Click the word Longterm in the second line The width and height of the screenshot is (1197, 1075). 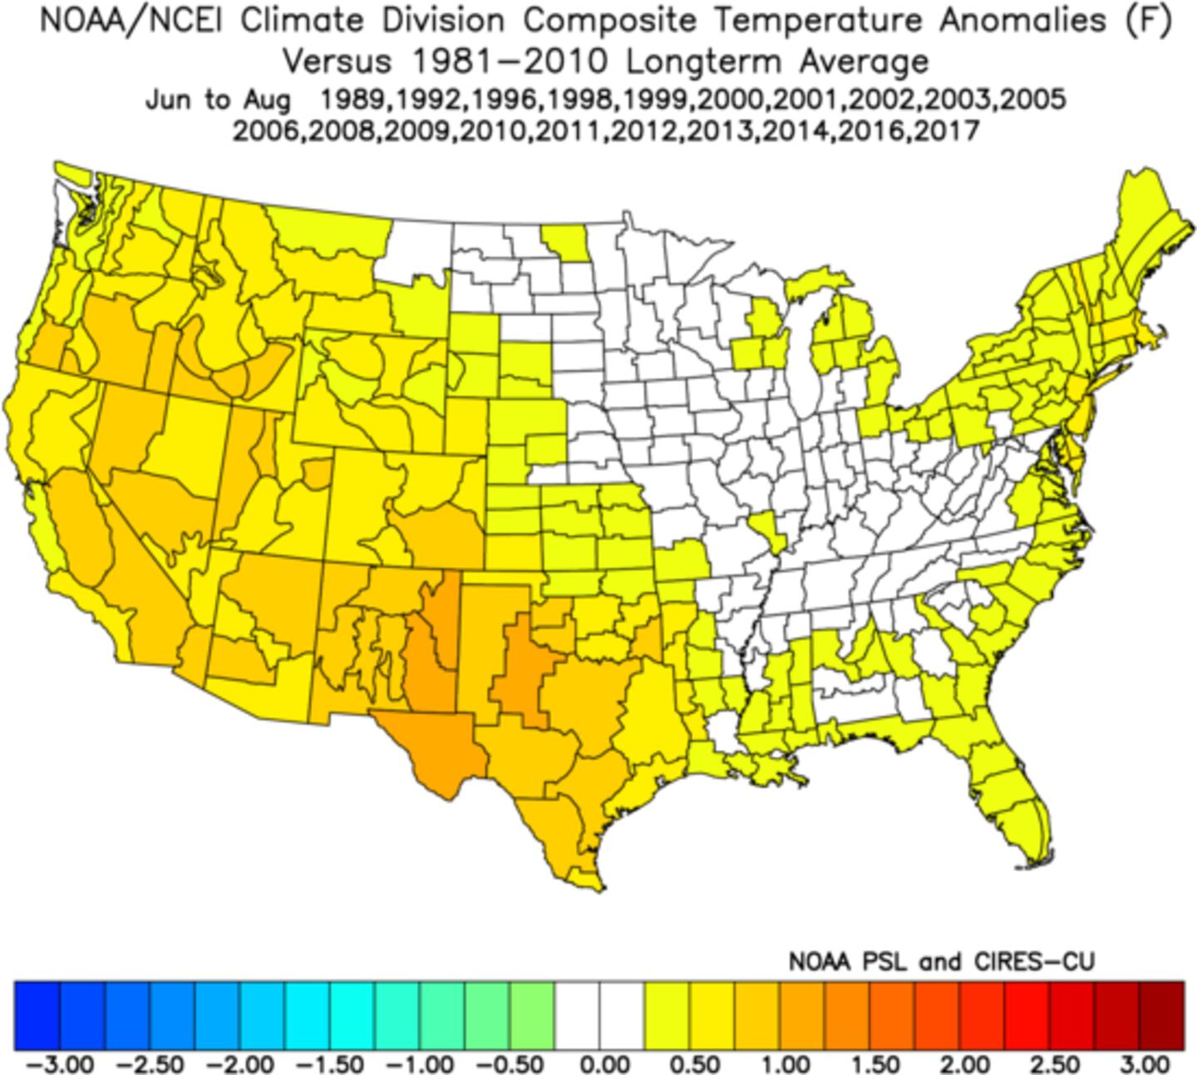tap(703, 62)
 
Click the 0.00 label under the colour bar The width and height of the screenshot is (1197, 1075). tap(599, 1063)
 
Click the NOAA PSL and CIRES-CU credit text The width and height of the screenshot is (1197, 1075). tap(941, 963)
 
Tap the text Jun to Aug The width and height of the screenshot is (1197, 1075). tap(218, 100)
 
